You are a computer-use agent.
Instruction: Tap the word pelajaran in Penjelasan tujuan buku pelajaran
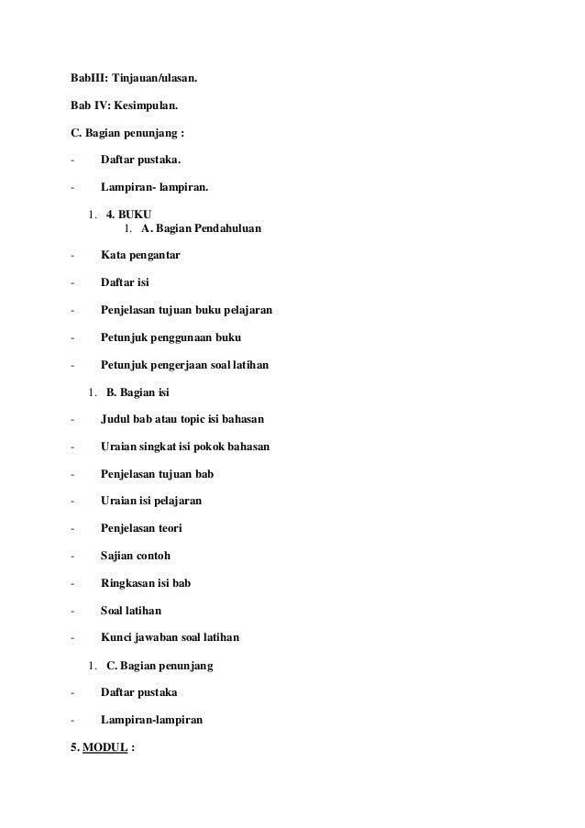click(241, 311)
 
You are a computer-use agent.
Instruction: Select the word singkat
click(168, 447)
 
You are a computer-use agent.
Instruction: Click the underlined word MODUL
click(105, 747)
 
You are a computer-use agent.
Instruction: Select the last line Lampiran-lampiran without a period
click(151, 720)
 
